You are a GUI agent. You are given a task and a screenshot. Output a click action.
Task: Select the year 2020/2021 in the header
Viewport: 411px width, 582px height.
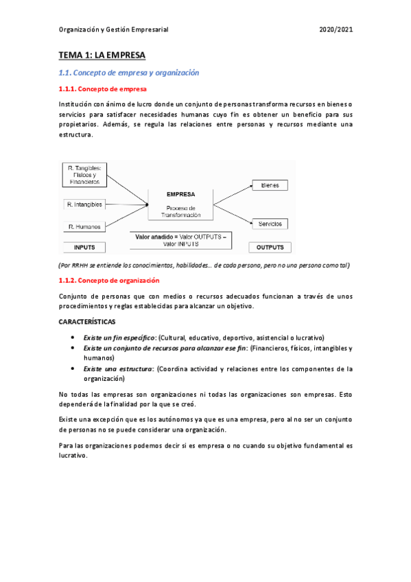(x=336, y=30)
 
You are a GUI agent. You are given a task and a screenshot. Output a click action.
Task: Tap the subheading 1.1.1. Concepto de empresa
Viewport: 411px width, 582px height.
(x=102, y=89)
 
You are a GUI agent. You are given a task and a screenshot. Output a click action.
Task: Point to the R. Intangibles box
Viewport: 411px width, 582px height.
(x=84, y=205)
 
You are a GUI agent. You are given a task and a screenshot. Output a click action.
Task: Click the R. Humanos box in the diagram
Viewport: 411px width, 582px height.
(x=84, y=226)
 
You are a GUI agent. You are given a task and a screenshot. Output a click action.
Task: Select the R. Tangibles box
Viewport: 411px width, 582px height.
(x=84, y=174)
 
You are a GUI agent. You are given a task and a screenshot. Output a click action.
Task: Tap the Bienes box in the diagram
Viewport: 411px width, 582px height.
(x=270, y=185)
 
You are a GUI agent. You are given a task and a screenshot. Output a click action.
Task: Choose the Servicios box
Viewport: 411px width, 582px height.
(x=270, y=224)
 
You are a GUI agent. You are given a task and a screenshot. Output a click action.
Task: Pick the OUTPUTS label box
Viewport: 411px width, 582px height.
(x=270, y=247)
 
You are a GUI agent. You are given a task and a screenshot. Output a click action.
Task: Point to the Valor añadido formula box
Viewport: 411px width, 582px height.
(x=180, y=240)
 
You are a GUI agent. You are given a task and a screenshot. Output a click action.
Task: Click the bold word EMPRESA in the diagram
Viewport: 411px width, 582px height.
(x=180, y=194)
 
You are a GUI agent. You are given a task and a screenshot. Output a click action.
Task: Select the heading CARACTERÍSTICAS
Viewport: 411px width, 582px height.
(x=87, y=321)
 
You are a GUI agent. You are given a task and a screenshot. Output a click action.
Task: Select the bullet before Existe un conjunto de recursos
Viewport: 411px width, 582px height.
(x=73, y=348)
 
